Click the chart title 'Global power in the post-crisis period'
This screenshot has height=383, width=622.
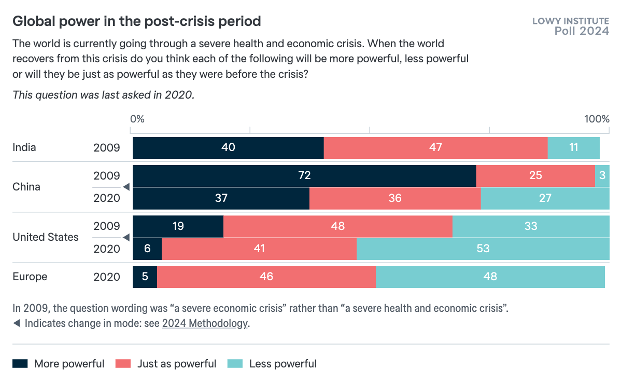[x=136, y=21]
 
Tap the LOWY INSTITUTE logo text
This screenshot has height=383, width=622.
[x=571, y=21]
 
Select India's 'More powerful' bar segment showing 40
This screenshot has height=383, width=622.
[x=228, y=147]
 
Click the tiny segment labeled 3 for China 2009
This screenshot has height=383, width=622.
[x=602, y=176]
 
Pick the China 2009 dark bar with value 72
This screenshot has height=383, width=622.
[x=304, y=176]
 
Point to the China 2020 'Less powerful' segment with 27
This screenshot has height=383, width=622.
[x=545, y=198]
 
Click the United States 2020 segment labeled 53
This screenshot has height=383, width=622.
[x=483, y=249]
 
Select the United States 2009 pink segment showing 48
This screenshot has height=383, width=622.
[x=338, y=226]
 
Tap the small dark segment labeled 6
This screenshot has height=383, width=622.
[x=147, y=249]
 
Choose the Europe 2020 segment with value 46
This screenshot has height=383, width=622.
[x=266, y=277]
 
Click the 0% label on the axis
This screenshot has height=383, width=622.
[x=137, y=119]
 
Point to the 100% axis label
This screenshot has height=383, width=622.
[x=597, y=119]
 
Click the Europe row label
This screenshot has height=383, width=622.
[x=30, y=277]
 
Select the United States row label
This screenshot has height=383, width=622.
[x=46, y=237]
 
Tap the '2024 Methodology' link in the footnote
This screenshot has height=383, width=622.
[x=205, y=323]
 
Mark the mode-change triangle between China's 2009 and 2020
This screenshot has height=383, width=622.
[x=125, y=187]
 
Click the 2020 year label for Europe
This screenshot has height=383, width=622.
[x=107, y=277]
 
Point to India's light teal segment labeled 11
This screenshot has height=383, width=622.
[x=573, y=147]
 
